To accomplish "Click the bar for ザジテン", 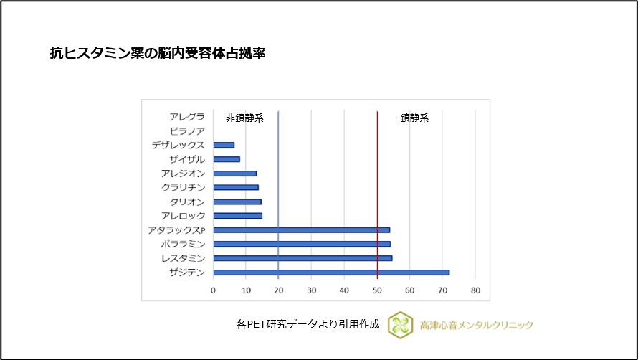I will click(331, 273).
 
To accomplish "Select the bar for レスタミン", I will click(303, 258).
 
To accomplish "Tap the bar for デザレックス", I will click(224, 145).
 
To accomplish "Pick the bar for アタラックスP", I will click(301, 230).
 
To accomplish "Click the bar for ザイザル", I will click(227, 159).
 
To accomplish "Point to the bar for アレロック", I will click(237, 216).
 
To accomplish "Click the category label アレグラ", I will click(187, 117).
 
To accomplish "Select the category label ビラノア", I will click(187, 131).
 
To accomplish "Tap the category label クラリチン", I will click(184, 187).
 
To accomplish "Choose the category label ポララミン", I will click(184, 244).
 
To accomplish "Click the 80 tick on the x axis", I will click(475, 290).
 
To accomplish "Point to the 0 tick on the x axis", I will click(213, 290).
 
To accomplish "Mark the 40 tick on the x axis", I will click(344, 290).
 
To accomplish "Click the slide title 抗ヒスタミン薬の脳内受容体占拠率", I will click(158, 54).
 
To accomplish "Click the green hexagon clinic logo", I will click(400, 325).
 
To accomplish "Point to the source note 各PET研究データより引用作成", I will click(307, 324).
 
